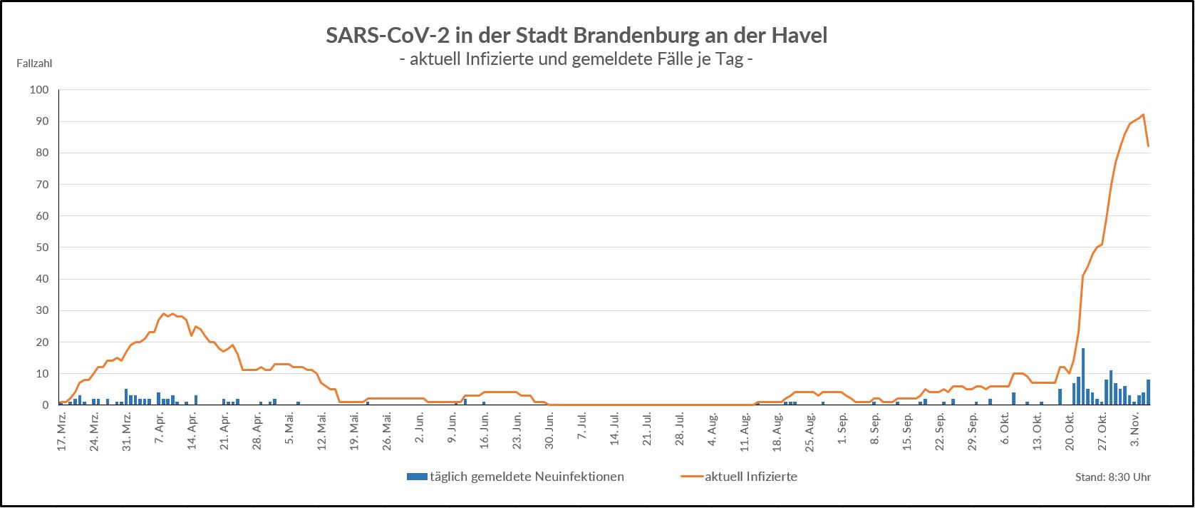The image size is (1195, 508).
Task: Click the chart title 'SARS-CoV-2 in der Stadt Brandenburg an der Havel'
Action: pos(576,36)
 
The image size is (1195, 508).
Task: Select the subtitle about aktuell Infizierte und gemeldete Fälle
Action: pos(576,59)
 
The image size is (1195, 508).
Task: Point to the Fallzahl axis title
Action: pos(34,63)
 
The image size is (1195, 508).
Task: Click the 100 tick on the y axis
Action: pos(38,90)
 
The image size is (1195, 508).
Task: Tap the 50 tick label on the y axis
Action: pos(41,248)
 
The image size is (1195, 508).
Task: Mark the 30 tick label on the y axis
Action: pos(41,310)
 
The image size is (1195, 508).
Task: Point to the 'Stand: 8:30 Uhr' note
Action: pos(1112,477)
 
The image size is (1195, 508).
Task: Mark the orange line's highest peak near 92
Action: pos(1143,115)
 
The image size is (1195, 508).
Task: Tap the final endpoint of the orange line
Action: pos(1148,146)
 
